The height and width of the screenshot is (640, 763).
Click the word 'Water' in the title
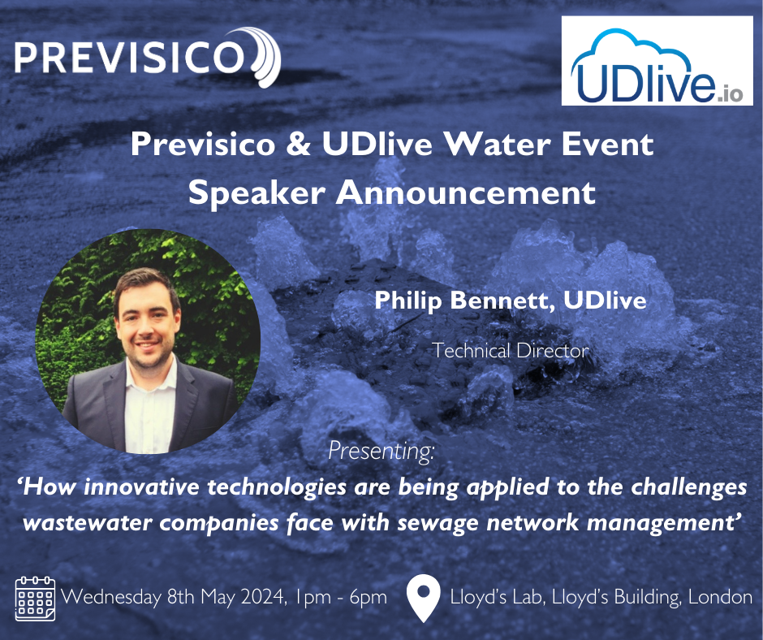511,145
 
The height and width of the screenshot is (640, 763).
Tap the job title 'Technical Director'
510,350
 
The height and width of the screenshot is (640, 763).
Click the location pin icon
424,598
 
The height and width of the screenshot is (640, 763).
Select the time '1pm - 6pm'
342,598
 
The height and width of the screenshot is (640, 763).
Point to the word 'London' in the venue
720,598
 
